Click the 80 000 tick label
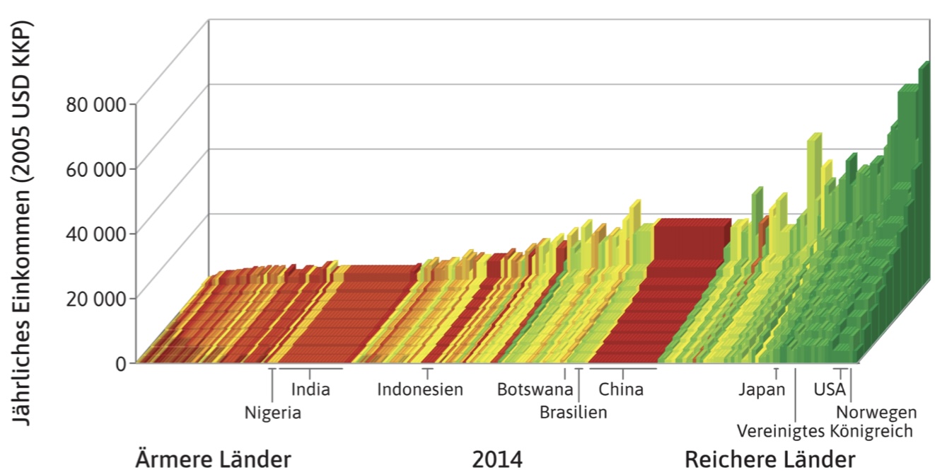(95, 104)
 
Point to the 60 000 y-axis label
(95, 168)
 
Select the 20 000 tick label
(95, 297)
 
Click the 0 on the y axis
(121, 362)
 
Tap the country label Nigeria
(273, 413)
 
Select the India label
(310, 389)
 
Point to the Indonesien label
(420, 389)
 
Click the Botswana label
(535, 389)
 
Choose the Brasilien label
(573, 412)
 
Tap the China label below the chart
(621, 389)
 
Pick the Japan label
(762, 389)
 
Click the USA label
(830, 389)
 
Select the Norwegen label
(876, 412)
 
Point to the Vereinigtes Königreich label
(825, 430)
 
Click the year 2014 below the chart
(497, 459)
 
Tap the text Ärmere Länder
(213, 459)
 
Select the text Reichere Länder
(770, 459)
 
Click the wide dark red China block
(661, 290)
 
